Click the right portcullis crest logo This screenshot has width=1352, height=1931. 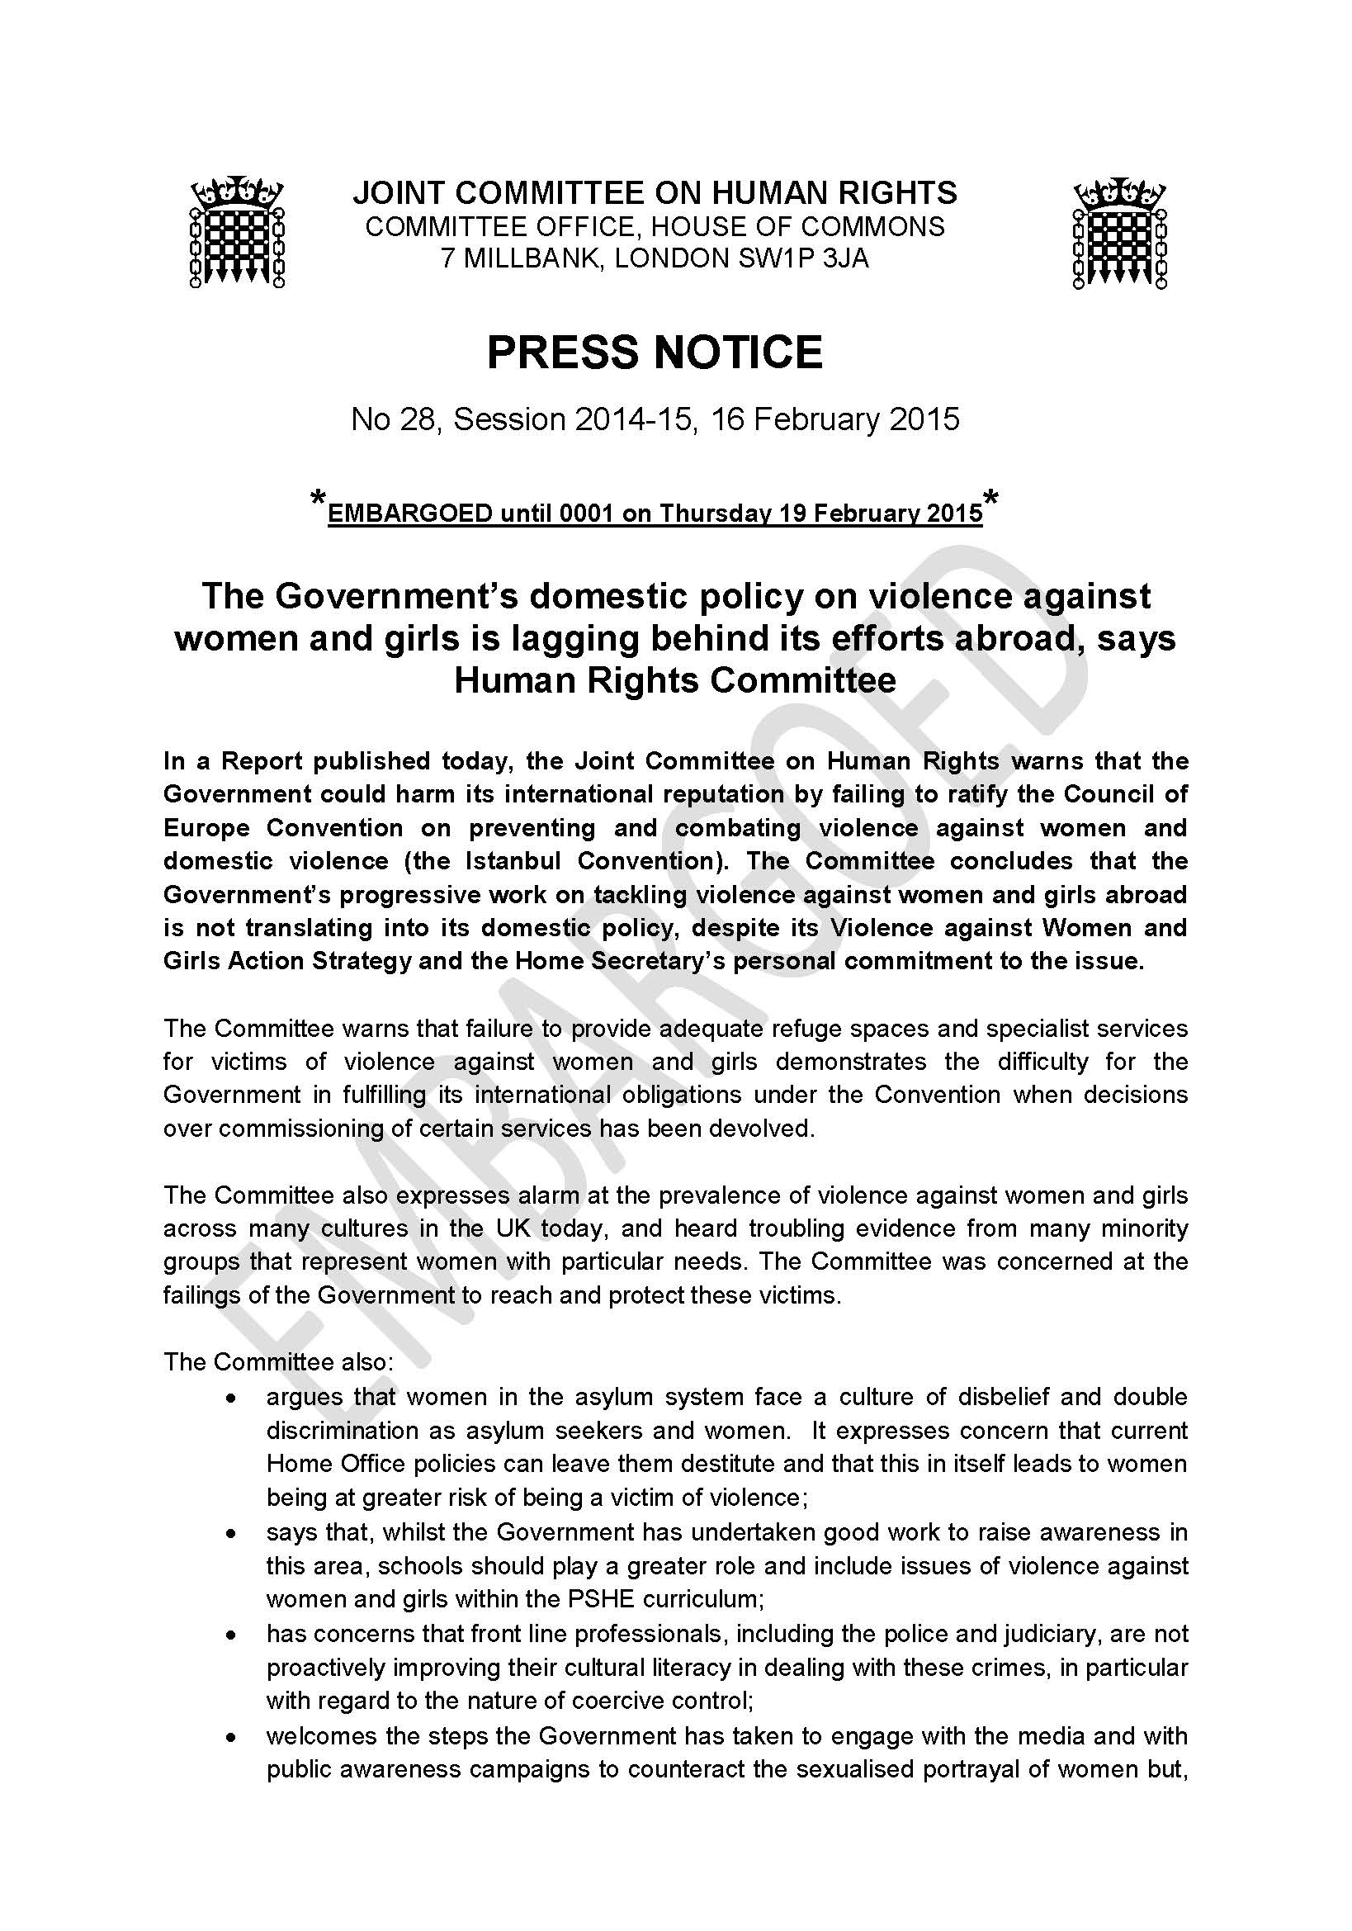tap(1119, 232)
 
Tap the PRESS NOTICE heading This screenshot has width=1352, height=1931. tap(655, 352)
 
